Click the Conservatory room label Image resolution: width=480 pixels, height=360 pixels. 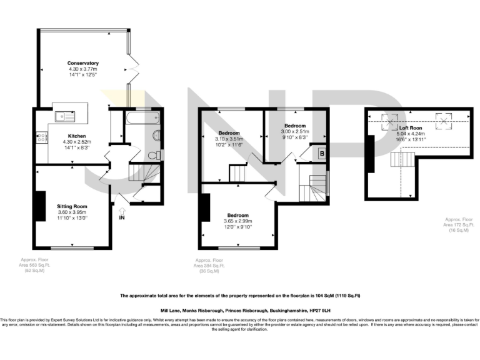83,63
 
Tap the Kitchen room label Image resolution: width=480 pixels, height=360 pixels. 77,136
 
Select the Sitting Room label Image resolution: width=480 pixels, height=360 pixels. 72,206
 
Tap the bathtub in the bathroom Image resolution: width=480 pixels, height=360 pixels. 143,117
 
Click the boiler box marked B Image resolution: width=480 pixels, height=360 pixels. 321,152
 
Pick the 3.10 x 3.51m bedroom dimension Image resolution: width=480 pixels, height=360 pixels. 228,139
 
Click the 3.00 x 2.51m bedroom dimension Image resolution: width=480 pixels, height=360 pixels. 294,132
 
